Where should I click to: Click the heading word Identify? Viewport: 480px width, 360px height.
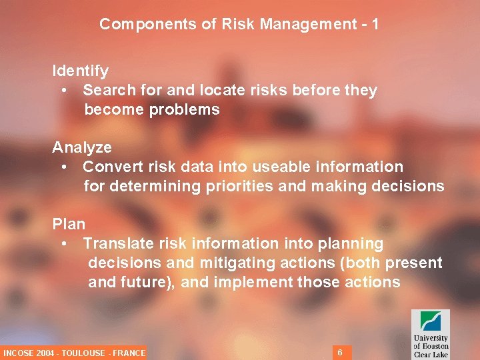81,70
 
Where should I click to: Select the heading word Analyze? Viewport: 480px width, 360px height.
82,147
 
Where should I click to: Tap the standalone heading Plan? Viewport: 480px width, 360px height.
69,224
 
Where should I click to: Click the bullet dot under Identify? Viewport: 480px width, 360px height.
63,91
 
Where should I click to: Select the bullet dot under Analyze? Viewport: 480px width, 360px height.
63,167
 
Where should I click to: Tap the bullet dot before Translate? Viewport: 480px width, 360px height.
63,244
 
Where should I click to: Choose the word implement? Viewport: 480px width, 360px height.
253,282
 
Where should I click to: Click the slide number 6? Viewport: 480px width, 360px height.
340,352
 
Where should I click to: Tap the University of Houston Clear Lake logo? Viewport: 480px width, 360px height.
430,333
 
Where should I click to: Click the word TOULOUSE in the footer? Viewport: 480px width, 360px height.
83,353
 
